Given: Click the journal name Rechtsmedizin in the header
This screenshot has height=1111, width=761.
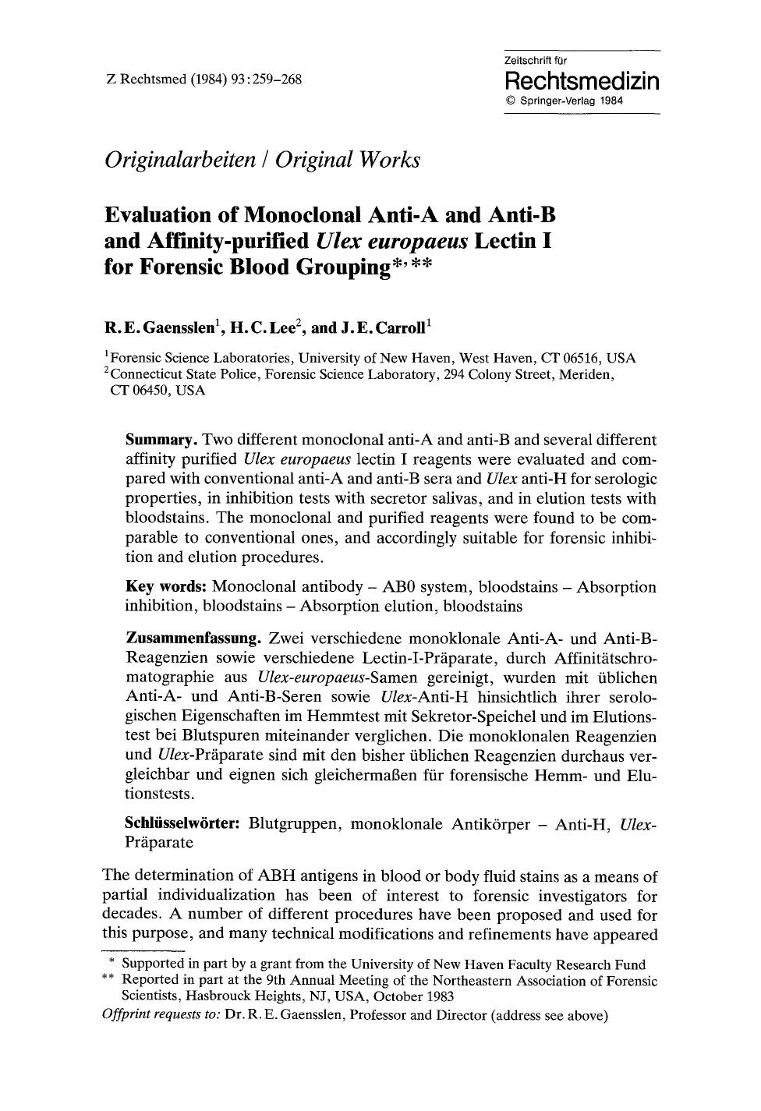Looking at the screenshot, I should point(582,82).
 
